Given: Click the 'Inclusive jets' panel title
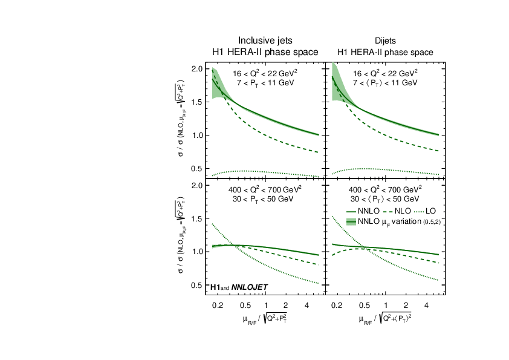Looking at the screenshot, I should (x=265, y=41).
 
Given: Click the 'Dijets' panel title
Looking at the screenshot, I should (x=385, y=41).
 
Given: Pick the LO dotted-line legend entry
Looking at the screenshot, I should (x=427, y=211).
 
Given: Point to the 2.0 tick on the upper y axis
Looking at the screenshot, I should (x=196, y=69).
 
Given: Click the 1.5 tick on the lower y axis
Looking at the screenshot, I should (x=196, y=218).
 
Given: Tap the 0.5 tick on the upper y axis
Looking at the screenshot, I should (x=196, y=168).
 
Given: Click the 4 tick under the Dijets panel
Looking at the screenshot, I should (x=427, y=306).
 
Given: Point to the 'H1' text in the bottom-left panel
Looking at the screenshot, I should (x=215, y=286).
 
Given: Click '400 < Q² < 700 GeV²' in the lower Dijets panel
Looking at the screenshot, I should (x=384, y=189).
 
